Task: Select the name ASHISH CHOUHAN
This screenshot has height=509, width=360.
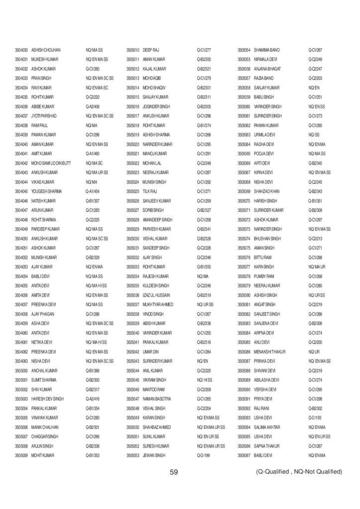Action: [46, 50]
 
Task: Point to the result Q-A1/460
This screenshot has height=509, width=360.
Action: [93, 154]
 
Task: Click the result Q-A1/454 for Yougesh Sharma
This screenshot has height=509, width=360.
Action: [93, 191]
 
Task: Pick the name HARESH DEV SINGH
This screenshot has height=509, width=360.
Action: [48, 399]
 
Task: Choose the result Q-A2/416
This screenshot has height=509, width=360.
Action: [93, 399]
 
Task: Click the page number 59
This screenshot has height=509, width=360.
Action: [174, 472]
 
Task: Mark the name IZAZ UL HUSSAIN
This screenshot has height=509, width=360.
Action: [158, 294]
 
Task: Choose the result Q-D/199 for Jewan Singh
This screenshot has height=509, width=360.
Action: [204, 455]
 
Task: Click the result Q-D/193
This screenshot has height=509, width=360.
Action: [315, 418]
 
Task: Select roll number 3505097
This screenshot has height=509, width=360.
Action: [244, 455]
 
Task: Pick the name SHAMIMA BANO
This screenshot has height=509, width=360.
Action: [267, 50]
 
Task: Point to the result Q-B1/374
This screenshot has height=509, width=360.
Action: [204, 125]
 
